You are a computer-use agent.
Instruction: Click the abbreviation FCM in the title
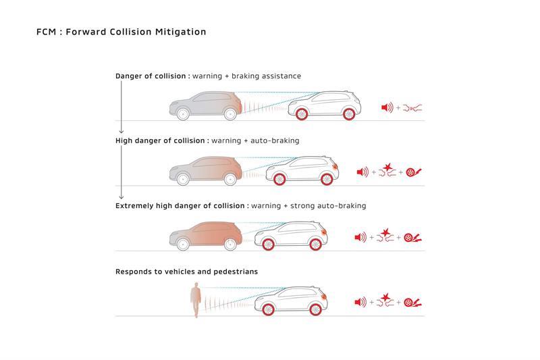47,32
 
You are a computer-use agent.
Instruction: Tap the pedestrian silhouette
195,300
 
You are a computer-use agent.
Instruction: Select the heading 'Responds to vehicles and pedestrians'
186,272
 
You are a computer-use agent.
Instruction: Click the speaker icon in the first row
387,107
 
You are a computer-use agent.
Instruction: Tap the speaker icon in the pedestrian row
360,302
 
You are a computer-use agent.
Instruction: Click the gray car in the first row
205,105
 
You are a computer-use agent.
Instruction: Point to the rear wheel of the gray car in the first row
182,113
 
